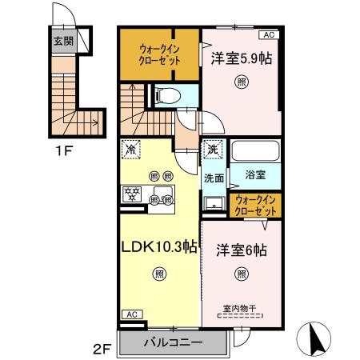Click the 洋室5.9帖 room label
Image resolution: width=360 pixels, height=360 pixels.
click(x=241, y=58)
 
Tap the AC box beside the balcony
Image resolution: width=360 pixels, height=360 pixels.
click(x=130, y=315)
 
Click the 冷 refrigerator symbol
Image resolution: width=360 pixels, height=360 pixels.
click(x=131, y=150)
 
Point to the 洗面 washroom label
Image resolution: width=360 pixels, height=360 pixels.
click(x=213, y=178)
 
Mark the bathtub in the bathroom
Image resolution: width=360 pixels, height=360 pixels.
click(x=256, y=152)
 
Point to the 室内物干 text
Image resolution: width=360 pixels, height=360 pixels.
click(x=241, y=304)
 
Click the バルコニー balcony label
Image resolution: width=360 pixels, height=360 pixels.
click(x=173, y=343)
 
